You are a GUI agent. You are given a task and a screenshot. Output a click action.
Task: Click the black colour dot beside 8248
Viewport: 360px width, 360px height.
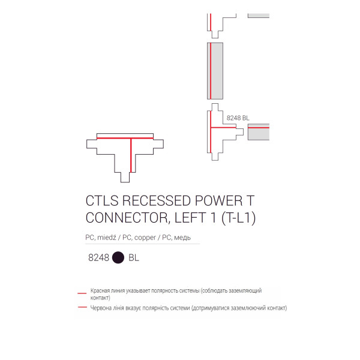[118, 257]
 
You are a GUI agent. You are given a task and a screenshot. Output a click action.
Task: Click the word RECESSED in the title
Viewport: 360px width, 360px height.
[157, 201]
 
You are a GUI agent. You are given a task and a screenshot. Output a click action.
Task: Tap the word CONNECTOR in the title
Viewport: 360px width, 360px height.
[127, 218]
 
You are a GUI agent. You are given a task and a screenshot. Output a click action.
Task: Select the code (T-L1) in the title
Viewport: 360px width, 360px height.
[238, 218]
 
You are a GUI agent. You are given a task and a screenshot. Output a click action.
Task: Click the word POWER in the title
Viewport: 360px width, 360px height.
[219, 201]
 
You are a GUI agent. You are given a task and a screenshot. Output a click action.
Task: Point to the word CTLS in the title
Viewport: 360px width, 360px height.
[102, 201]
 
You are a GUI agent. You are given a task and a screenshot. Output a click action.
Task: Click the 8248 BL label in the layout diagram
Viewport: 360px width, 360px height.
[238, 118]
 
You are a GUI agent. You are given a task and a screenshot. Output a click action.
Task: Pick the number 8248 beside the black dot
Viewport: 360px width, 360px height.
[99, 257]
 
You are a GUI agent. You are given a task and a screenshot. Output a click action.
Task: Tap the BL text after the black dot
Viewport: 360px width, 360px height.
[134, 257]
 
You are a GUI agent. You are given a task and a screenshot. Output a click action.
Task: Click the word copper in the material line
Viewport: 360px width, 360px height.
[145, 238]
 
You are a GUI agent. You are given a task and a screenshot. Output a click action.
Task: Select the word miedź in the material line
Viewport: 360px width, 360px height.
[107, 238]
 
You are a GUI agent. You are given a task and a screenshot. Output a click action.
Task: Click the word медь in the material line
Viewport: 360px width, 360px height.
[182, 238]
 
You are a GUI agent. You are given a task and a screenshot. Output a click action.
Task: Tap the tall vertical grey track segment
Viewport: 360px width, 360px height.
[215, 71]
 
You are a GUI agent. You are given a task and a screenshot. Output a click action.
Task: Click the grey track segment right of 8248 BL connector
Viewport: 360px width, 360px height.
[259, 132]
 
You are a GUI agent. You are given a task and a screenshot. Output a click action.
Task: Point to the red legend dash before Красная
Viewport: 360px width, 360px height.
[82, 293]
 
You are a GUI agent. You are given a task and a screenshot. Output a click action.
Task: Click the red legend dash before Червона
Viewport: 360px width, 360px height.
[82, 307]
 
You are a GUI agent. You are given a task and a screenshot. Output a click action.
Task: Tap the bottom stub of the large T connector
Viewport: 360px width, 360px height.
[125, 177]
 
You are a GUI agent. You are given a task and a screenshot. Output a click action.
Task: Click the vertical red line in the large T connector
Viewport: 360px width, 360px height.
[131, 155]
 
